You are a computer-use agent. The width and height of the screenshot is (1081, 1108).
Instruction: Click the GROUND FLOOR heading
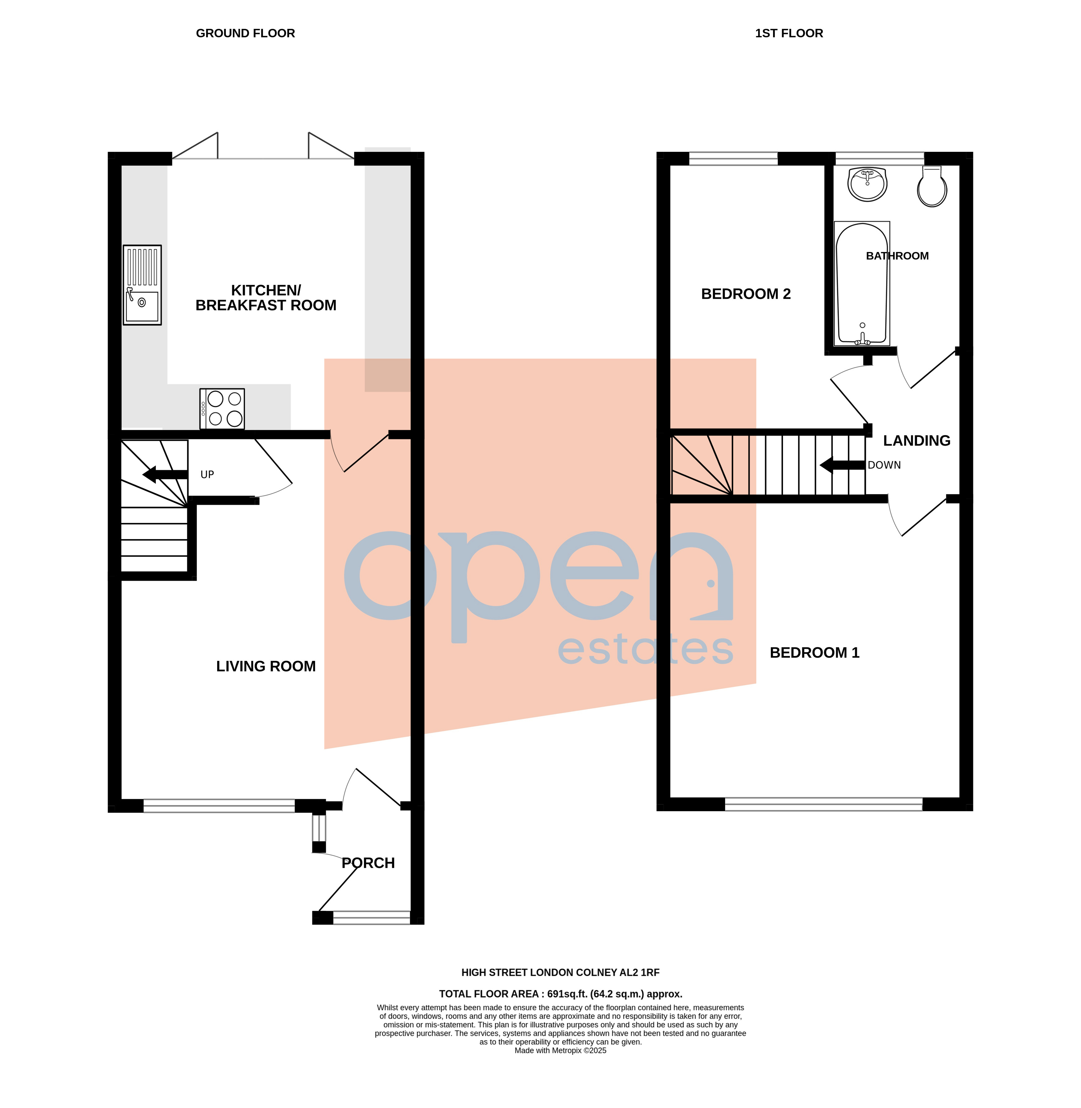(x=245, y=34)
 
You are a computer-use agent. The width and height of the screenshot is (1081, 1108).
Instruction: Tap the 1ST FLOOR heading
(x=789, y=34)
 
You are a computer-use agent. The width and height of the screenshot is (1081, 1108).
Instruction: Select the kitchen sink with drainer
(x=142, y=285)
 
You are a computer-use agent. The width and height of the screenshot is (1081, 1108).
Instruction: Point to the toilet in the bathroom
(x=932, y=187)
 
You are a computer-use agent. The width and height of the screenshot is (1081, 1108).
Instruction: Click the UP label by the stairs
(x=207, y=475)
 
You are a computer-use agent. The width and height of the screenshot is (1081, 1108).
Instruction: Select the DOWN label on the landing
(x=884, y=465)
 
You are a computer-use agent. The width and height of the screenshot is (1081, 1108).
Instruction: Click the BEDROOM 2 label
(x=745, y=294)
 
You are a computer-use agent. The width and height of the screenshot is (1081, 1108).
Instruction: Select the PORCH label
(x=368, y=863)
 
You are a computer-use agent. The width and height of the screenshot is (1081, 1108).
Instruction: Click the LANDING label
(x=916, y=440)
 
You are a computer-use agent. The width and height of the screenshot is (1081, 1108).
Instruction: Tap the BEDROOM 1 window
(x=823, y=804)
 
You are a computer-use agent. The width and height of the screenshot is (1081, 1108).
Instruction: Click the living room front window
(x=219, y=805)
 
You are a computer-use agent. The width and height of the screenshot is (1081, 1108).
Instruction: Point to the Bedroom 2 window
(x=733, y=158)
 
